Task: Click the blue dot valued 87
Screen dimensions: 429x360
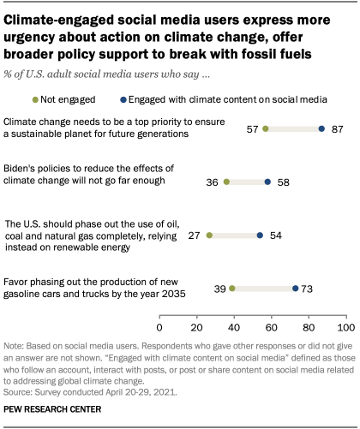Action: (x=321, y=128)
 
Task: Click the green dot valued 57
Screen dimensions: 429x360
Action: (x=266, y=128)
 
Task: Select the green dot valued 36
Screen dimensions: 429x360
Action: (x=226, y=182)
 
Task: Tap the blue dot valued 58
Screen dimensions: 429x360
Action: (x=267, y=182)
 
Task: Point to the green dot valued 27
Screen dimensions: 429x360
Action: (x=210, y=235)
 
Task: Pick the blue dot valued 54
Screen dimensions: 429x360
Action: (x=260, y=235)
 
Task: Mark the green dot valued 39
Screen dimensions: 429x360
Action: (x=232, y=289)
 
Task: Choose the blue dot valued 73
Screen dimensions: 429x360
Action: (x=296, y=289)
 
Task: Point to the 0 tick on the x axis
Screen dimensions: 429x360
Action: (x=159, y=327)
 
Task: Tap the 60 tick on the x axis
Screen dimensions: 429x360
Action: (x=272, y=327)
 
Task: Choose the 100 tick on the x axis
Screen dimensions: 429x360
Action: (x=345, y=327)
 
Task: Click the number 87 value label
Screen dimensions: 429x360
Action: (x=338, y=128)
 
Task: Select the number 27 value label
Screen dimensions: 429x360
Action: (x=195, y=235)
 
